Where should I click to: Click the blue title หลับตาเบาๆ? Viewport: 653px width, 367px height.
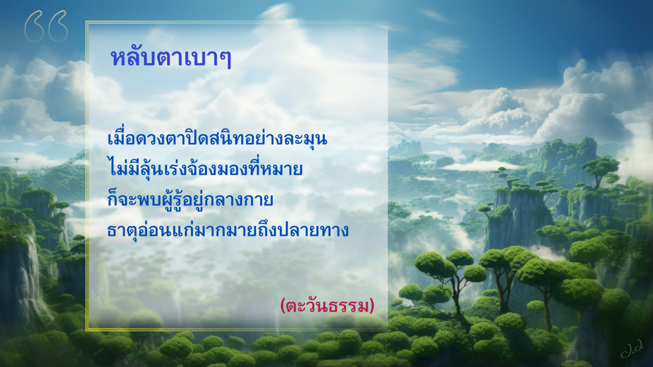click(171, 58)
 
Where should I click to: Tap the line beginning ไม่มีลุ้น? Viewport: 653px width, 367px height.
click(205, 168)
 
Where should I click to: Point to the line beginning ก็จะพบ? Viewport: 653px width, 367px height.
click(190, 199)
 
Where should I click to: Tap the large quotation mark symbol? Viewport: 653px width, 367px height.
click(46, 26)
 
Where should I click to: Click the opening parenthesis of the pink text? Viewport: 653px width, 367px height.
click(282, 306)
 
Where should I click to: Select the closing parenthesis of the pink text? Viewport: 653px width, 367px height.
click(372, 306)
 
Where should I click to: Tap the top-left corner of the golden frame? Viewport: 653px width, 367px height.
click(86, 22)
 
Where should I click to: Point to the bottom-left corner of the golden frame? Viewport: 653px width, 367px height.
click(86, 330)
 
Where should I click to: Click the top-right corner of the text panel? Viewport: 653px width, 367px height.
click(388, 22)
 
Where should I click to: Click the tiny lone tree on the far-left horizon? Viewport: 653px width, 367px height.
click(17, 160)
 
